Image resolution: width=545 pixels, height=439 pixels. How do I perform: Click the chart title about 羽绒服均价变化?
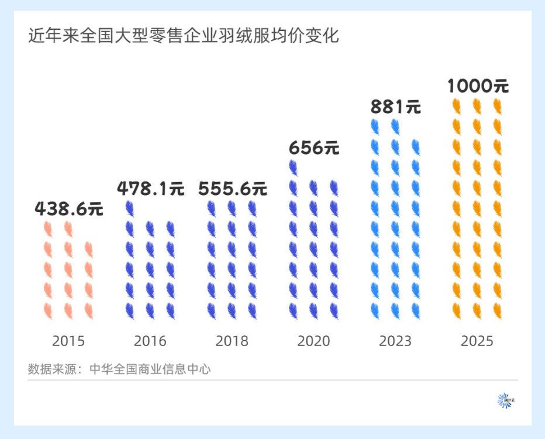point(184,36)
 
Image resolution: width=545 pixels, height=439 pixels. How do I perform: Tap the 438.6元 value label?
point(68,209)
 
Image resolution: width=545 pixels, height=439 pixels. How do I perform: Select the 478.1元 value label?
point(150,189)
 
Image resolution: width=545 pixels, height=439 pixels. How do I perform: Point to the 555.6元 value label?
point(232,189)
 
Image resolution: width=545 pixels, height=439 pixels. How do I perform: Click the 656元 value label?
point(314,148)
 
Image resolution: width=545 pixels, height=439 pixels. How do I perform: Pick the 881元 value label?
point(396,108)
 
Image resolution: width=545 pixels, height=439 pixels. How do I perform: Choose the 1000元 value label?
point(478,87)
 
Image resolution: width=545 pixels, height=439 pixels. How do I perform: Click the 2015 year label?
point(68,341)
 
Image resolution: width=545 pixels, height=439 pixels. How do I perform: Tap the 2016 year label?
point(150,341)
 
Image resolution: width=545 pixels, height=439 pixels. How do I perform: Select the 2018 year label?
point(232,341)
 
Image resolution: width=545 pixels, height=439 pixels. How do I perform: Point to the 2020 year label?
point(314,341)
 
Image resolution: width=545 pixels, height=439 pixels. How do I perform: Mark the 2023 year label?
point(395,341)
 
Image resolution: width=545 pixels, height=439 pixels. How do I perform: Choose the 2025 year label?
point(477,341)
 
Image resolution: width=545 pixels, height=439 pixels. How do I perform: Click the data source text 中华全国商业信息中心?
point(150,369)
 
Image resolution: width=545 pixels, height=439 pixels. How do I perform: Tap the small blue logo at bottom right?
point(503,401)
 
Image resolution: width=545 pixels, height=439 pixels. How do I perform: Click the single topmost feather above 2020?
point(294,168)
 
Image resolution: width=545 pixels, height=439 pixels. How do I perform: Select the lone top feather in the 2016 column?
point(130,208)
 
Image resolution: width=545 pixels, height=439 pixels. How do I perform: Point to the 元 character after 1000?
point(500,87)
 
